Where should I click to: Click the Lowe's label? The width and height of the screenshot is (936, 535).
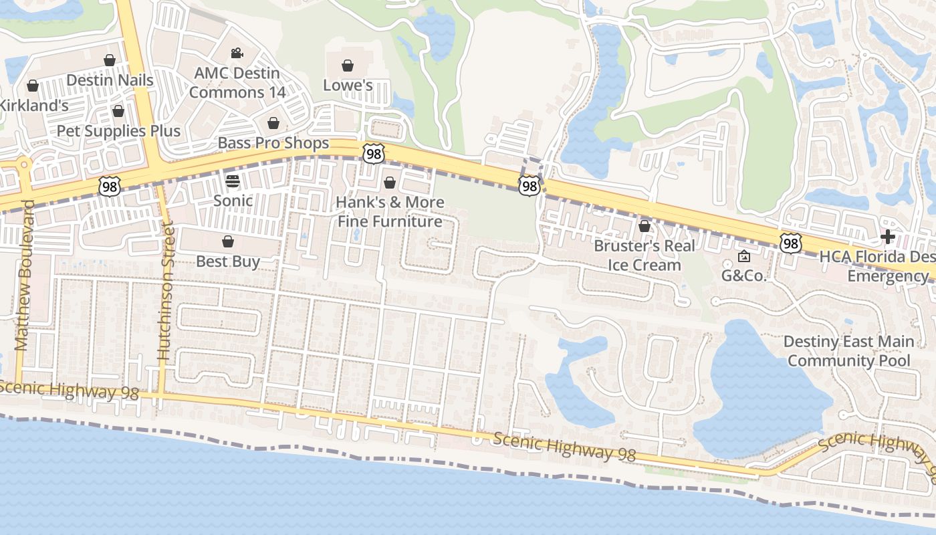tap(348, 85)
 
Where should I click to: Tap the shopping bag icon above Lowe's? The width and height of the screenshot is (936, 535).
tap(348, 66)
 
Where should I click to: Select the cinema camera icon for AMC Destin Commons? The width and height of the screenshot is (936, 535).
tap(236, 53)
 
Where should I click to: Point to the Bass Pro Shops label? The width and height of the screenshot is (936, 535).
tap(273, 143)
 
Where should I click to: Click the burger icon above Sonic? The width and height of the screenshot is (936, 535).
tap(233, 181)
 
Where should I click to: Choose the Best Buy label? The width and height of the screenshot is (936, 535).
tap(228, 261)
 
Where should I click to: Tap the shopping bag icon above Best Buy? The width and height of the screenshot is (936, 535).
tap(228, 241)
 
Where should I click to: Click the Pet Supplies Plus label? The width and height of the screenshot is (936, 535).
tap(118, 130)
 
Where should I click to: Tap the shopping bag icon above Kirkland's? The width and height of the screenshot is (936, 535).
tap(32, 86)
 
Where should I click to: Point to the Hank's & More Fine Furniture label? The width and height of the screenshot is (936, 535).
tap(390, 211)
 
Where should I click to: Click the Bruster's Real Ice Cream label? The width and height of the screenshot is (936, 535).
tap(645, 255)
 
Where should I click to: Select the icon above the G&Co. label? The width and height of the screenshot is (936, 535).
tap(743, 256)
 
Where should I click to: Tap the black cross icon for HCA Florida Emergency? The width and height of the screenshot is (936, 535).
tap(888, 237)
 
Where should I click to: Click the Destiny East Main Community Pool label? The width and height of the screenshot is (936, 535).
tap(848, 351)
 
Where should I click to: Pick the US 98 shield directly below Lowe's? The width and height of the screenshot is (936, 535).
tap(373, 154)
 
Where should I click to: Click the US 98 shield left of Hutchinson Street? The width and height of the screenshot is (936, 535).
tap(109, 187)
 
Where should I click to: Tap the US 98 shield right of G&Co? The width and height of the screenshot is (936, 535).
tap(790, 243)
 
